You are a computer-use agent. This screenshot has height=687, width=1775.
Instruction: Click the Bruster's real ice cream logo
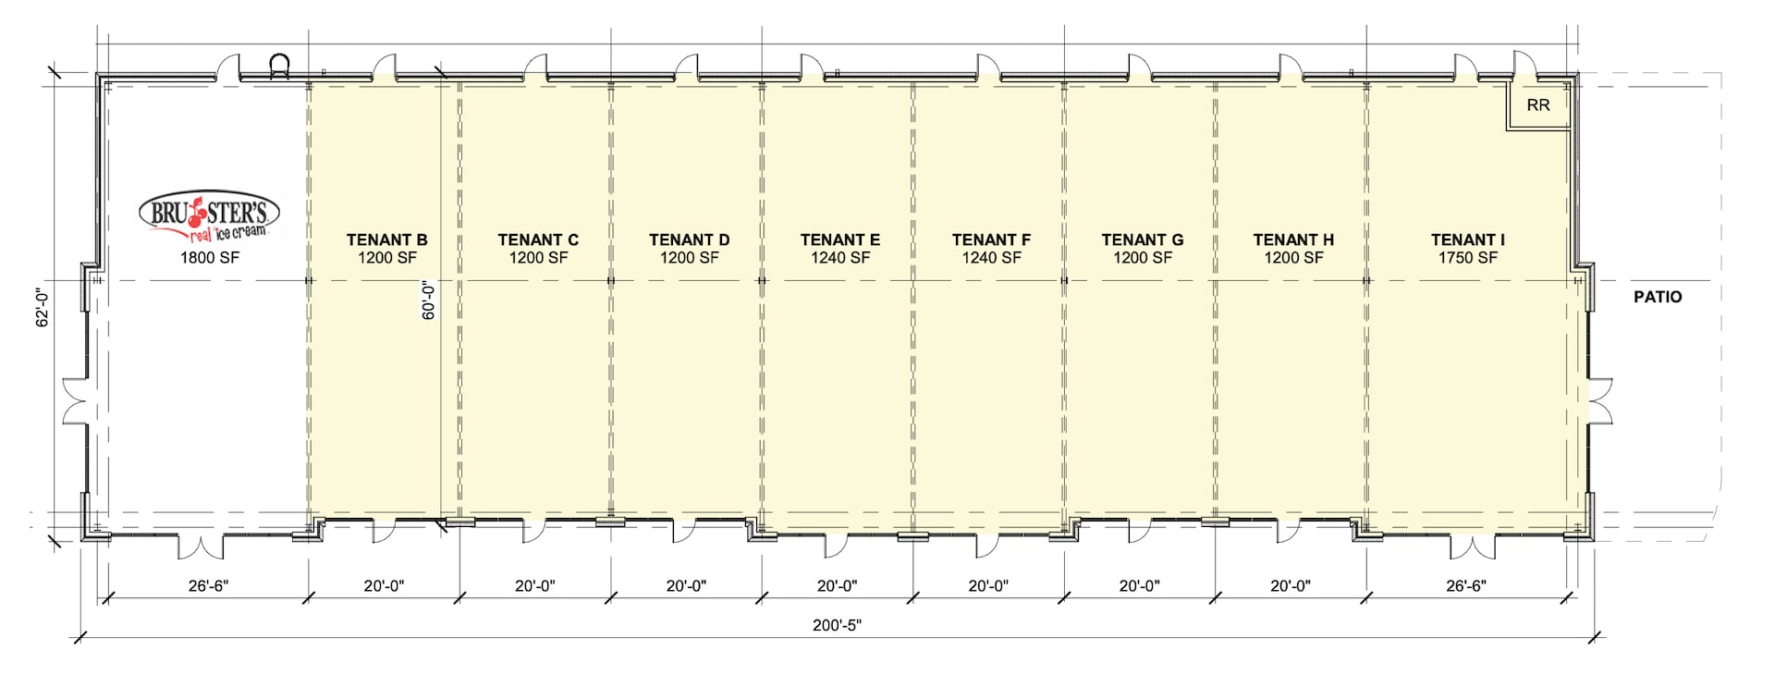click(x=209, y=218)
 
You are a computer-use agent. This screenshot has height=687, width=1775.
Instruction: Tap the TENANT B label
click(x=386, y=240)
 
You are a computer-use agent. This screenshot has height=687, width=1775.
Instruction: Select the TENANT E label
click(x=839, y=240)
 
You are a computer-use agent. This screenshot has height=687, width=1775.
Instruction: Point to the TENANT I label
click(x=1467, y=240)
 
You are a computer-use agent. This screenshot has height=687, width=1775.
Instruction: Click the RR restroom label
click(x=1538, y=105)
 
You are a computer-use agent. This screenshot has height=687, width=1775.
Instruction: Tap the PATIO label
click(x=1658, y=297)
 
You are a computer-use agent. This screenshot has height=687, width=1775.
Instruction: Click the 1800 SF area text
click(x=209, y=258)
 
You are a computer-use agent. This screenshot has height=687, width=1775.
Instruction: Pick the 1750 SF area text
click(x=1467, y=258)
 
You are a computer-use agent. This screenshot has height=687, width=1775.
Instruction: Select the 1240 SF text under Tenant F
click(x=991, y=258)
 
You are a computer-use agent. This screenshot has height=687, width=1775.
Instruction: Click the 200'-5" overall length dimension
click(x=837, y=626)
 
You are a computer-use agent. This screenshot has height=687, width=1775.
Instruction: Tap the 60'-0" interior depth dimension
click(x=428, y=301)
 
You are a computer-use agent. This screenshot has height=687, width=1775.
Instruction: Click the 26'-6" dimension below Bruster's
click(x=208, y=586)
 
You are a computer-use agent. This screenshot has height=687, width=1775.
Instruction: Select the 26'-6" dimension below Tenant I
click(x=1466, y=586)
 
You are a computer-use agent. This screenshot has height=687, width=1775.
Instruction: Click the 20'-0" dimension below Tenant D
click(x=686, y=586)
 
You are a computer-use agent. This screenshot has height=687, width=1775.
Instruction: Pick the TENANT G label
click(x=1142, y=240)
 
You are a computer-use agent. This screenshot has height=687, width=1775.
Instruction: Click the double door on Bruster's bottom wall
click(x=202, y=546)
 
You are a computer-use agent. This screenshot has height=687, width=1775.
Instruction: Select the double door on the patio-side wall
click(x=1601, y=401)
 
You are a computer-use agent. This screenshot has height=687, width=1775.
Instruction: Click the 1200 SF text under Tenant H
click(x=1293, y=258)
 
